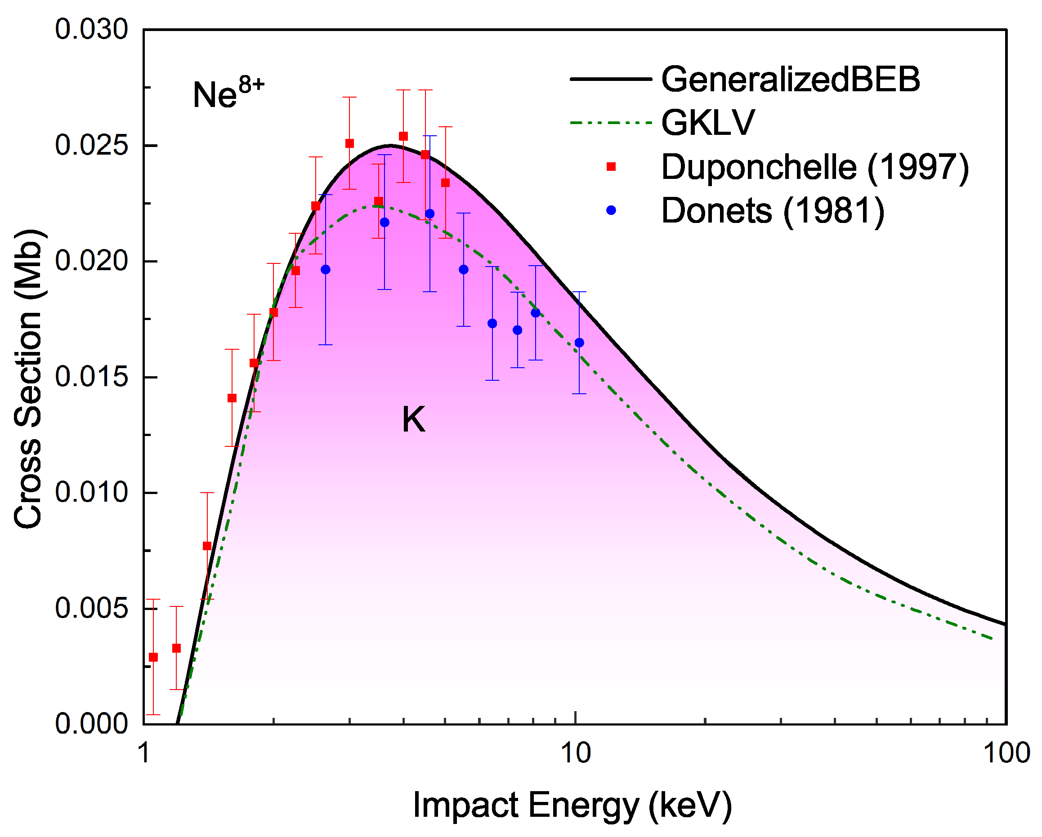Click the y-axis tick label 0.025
(x=91, y=145)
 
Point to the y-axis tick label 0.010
(x=91, y=493)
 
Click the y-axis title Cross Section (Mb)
(x=28, y=379)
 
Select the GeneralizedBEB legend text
(x=791, y=79)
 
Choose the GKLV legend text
(x=707, y=123)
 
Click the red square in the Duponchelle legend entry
(x=611, y=167)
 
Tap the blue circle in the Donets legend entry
(x=611, y=210)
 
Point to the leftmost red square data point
(x=153, y=657)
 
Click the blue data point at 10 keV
(x=579, y=343)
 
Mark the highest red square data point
(x=403, y=136)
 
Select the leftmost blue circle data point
(x=326, y=270)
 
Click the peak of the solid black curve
(x=389, y=145)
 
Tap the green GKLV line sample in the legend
(x=611, y=123)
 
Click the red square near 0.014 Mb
(x=232, y=398)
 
